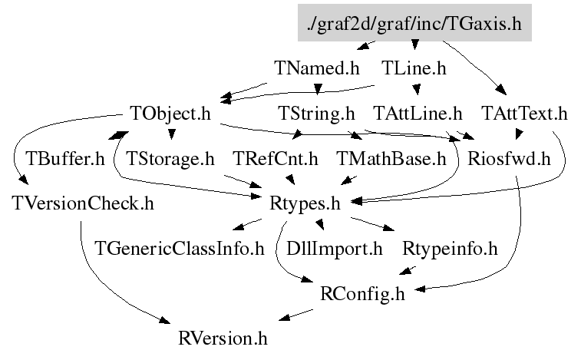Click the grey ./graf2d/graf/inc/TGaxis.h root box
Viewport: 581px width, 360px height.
[414, 25]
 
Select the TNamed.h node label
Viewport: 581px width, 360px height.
[316, 68]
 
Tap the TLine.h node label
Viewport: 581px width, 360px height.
[414, 68]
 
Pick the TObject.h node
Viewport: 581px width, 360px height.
[170, 114]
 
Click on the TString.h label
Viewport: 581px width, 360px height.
[316, 114]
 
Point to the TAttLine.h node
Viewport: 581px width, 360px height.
[418, 114]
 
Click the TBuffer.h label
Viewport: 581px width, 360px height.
[65, 160]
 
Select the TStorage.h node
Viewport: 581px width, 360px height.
[170, 160]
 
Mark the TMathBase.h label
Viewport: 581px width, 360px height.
[391, 160]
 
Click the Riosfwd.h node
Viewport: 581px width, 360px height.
[510, 160]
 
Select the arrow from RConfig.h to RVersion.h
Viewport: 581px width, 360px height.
[295, 315]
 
